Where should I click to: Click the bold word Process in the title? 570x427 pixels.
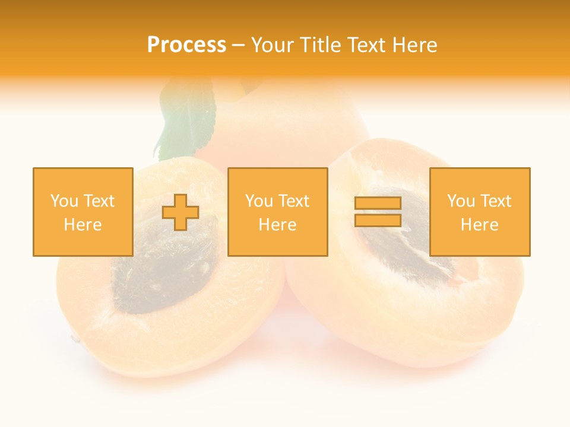[x=186, y=45]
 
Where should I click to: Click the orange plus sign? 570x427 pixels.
[x=181, y=212]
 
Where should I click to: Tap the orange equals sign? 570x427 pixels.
[x=378, y=212]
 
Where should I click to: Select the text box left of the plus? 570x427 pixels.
[x=83, y=212]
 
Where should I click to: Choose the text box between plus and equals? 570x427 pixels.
[x=277, y=212]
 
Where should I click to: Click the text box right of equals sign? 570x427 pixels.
[x=480, y=212]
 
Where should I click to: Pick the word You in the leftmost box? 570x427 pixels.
[x=64, y=201]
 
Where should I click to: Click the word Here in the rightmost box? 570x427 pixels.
[x=480, y=224]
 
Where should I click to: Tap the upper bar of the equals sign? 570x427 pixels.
[x=378, y=203]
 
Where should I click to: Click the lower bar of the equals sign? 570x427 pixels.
[x=378, y=220]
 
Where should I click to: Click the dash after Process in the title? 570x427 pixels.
[x=238, y=46]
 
